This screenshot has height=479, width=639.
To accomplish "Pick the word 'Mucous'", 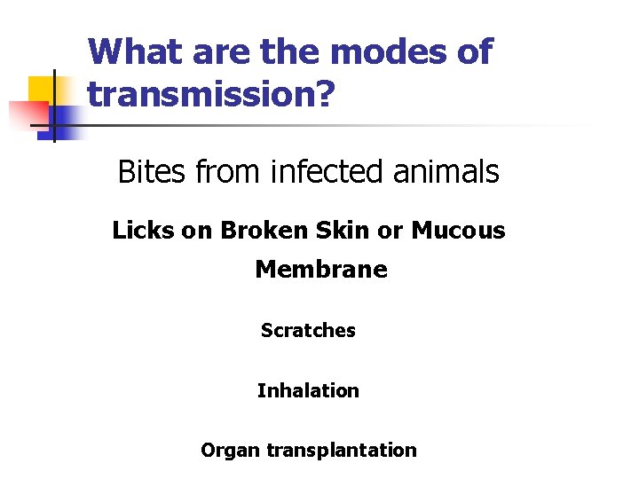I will click(458, 231).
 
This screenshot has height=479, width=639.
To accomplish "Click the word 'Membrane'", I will click(321, 269).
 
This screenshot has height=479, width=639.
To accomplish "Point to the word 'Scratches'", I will click(308, 331).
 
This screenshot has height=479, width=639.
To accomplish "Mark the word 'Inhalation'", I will click(308, 390).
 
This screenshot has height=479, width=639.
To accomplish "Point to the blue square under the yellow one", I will click(64, 120).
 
